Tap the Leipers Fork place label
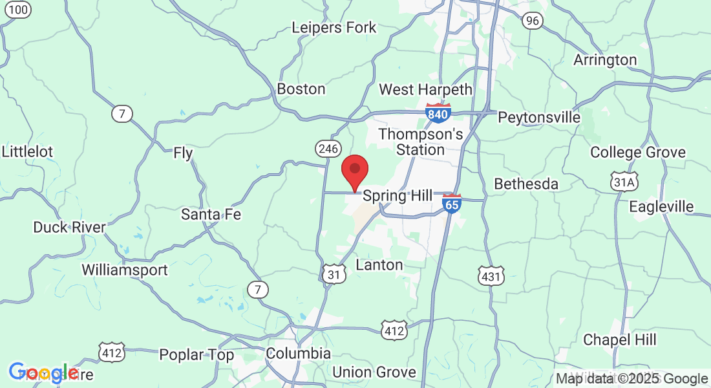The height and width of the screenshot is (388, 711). (334, 28)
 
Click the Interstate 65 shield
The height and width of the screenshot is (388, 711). (452, 204)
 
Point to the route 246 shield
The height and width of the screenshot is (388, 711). (328, 149)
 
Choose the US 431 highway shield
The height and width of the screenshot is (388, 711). (491, 277)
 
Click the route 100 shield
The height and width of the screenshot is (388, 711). (20, 9)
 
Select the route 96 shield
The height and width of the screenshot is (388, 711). (533, 21)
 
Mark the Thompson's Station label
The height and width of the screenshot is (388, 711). (421, 142)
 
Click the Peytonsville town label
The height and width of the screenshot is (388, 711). (539, 118)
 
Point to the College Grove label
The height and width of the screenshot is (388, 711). (638, 153)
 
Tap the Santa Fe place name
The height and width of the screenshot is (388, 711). (211, 214)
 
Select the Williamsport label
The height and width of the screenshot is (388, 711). (125, 270)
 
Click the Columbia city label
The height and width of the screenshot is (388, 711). (299, 354)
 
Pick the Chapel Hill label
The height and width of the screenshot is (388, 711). (620, 339)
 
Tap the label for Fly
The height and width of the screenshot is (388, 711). (184, 153)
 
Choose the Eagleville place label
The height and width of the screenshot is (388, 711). (661, 207)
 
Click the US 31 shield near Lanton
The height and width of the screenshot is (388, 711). (334, 275)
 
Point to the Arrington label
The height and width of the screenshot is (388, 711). (605, 60)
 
